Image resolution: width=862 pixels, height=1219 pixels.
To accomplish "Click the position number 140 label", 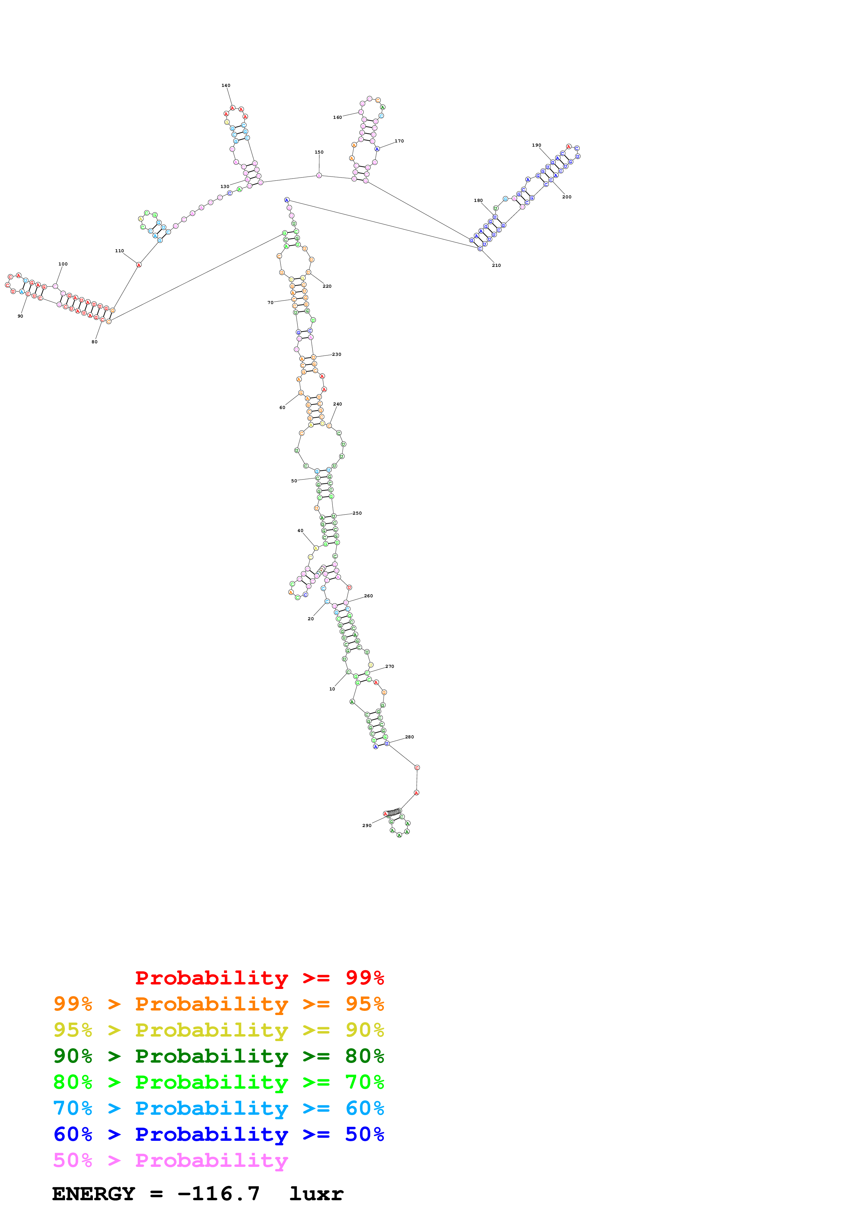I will (226, 85).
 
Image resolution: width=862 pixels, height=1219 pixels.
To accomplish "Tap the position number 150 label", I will (319, 152).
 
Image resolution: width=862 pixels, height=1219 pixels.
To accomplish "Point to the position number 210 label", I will (496, 265).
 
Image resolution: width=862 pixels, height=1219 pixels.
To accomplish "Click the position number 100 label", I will (63, 264).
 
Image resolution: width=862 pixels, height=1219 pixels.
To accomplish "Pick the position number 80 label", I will (95, 342).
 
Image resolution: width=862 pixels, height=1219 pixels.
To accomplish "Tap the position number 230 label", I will (337, 354).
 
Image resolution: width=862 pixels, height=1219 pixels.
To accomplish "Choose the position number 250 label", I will (357, 513).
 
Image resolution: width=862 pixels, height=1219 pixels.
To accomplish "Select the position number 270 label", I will (390, 666).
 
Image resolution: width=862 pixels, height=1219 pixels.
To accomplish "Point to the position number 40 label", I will (300, 530).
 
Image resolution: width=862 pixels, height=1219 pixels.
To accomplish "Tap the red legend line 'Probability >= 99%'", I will (259, 977).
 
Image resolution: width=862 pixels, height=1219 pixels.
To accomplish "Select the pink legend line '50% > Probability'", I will (170, 1160).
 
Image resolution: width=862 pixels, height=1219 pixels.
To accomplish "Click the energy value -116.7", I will (218, 1194).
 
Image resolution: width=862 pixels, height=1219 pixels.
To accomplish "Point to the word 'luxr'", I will (316, 1194).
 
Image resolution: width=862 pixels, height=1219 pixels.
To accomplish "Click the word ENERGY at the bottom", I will (94, 1194).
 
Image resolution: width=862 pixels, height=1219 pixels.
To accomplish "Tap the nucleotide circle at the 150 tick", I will (319, 175).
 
